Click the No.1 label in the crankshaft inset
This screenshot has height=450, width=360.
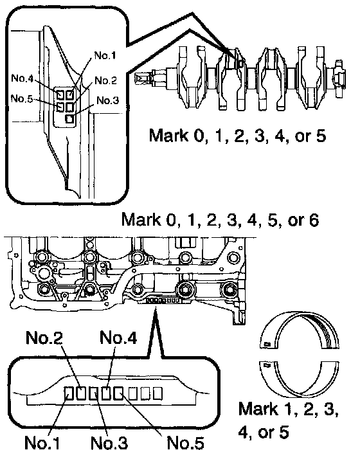pos(105,55)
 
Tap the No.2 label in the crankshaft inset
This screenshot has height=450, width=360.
pos(105,80)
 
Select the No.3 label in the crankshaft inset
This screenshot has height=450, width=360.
pos(107,100)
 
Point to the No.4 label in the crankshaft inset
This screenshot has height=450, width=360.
pos(22,78)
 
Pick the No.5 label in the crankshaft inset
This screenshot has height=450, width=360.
pos(22,98)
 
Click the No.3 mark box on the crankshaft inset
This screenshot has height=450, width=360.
pos(69,118)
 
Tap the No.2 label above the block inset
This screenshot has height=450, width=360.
pos(44,337)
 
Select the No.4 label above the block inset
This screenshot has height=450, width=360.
pos(118,337)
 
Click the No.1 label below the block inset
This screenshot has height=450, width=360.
pos(42,442)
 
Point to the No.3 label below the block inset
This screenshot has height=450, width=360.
pos(109,442)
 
